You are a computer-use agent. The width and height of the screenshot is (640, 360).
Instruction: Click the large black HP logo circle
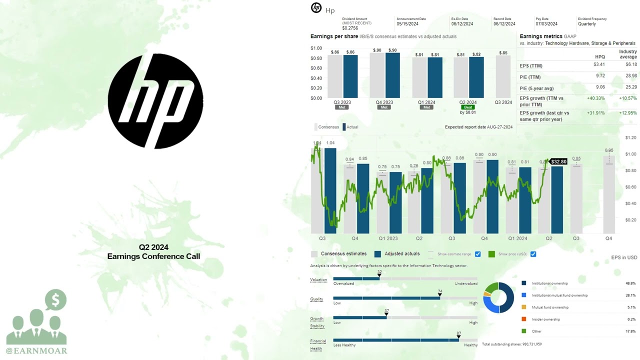point(155,101)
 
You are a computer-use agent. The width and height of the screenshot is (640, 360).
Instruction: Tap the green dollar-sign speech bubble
point(55,300)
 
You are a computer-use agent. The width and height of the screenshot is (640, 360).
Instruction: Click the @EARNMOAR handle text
point(36,351)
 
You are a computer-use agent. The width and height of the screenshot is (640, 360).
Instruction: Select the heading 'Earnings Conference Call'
point(153,256)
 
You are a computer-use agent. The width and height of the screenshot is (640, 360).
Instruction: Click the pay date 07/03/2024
point(546,24)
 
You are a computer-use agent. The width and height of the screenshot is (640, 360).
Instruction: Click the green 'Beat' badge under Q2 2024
point(468,107)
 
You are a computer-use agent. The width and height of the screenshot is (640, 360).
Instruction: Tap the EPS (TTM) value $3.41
point(598,64)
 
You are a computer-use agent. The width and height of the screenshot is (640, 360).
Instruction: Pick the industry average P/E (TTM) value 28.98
point(630,75)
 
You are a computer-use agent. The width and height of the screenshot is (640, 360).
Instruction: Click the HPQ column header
point(599,57)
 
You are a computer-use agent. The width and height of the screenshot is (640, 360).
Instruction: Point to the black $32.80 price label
point(558,162)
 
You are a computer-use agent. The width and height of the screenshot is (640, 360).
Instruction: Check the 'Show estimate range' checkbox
point(478,254)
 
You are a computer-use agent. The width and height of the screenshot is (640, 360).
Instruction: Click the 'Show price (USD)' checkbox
point(533,254)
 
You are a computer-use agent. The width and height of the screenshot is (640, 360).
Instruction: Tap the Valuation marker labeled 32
point(379,275)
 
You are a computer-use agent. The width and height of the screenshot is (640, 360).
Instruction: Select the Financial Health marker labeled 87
point(458,336)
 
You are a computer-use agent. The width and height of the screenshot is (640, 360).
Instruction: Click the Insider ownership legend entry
point(545,319)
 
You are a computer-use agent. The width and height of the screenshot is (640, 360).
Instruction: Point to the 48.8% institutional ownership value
point(630,283)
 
